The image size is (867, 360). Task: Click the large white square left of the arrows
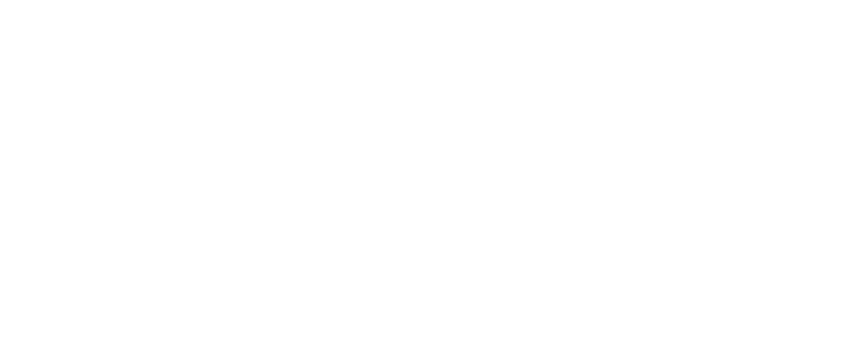pos(237,172)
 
